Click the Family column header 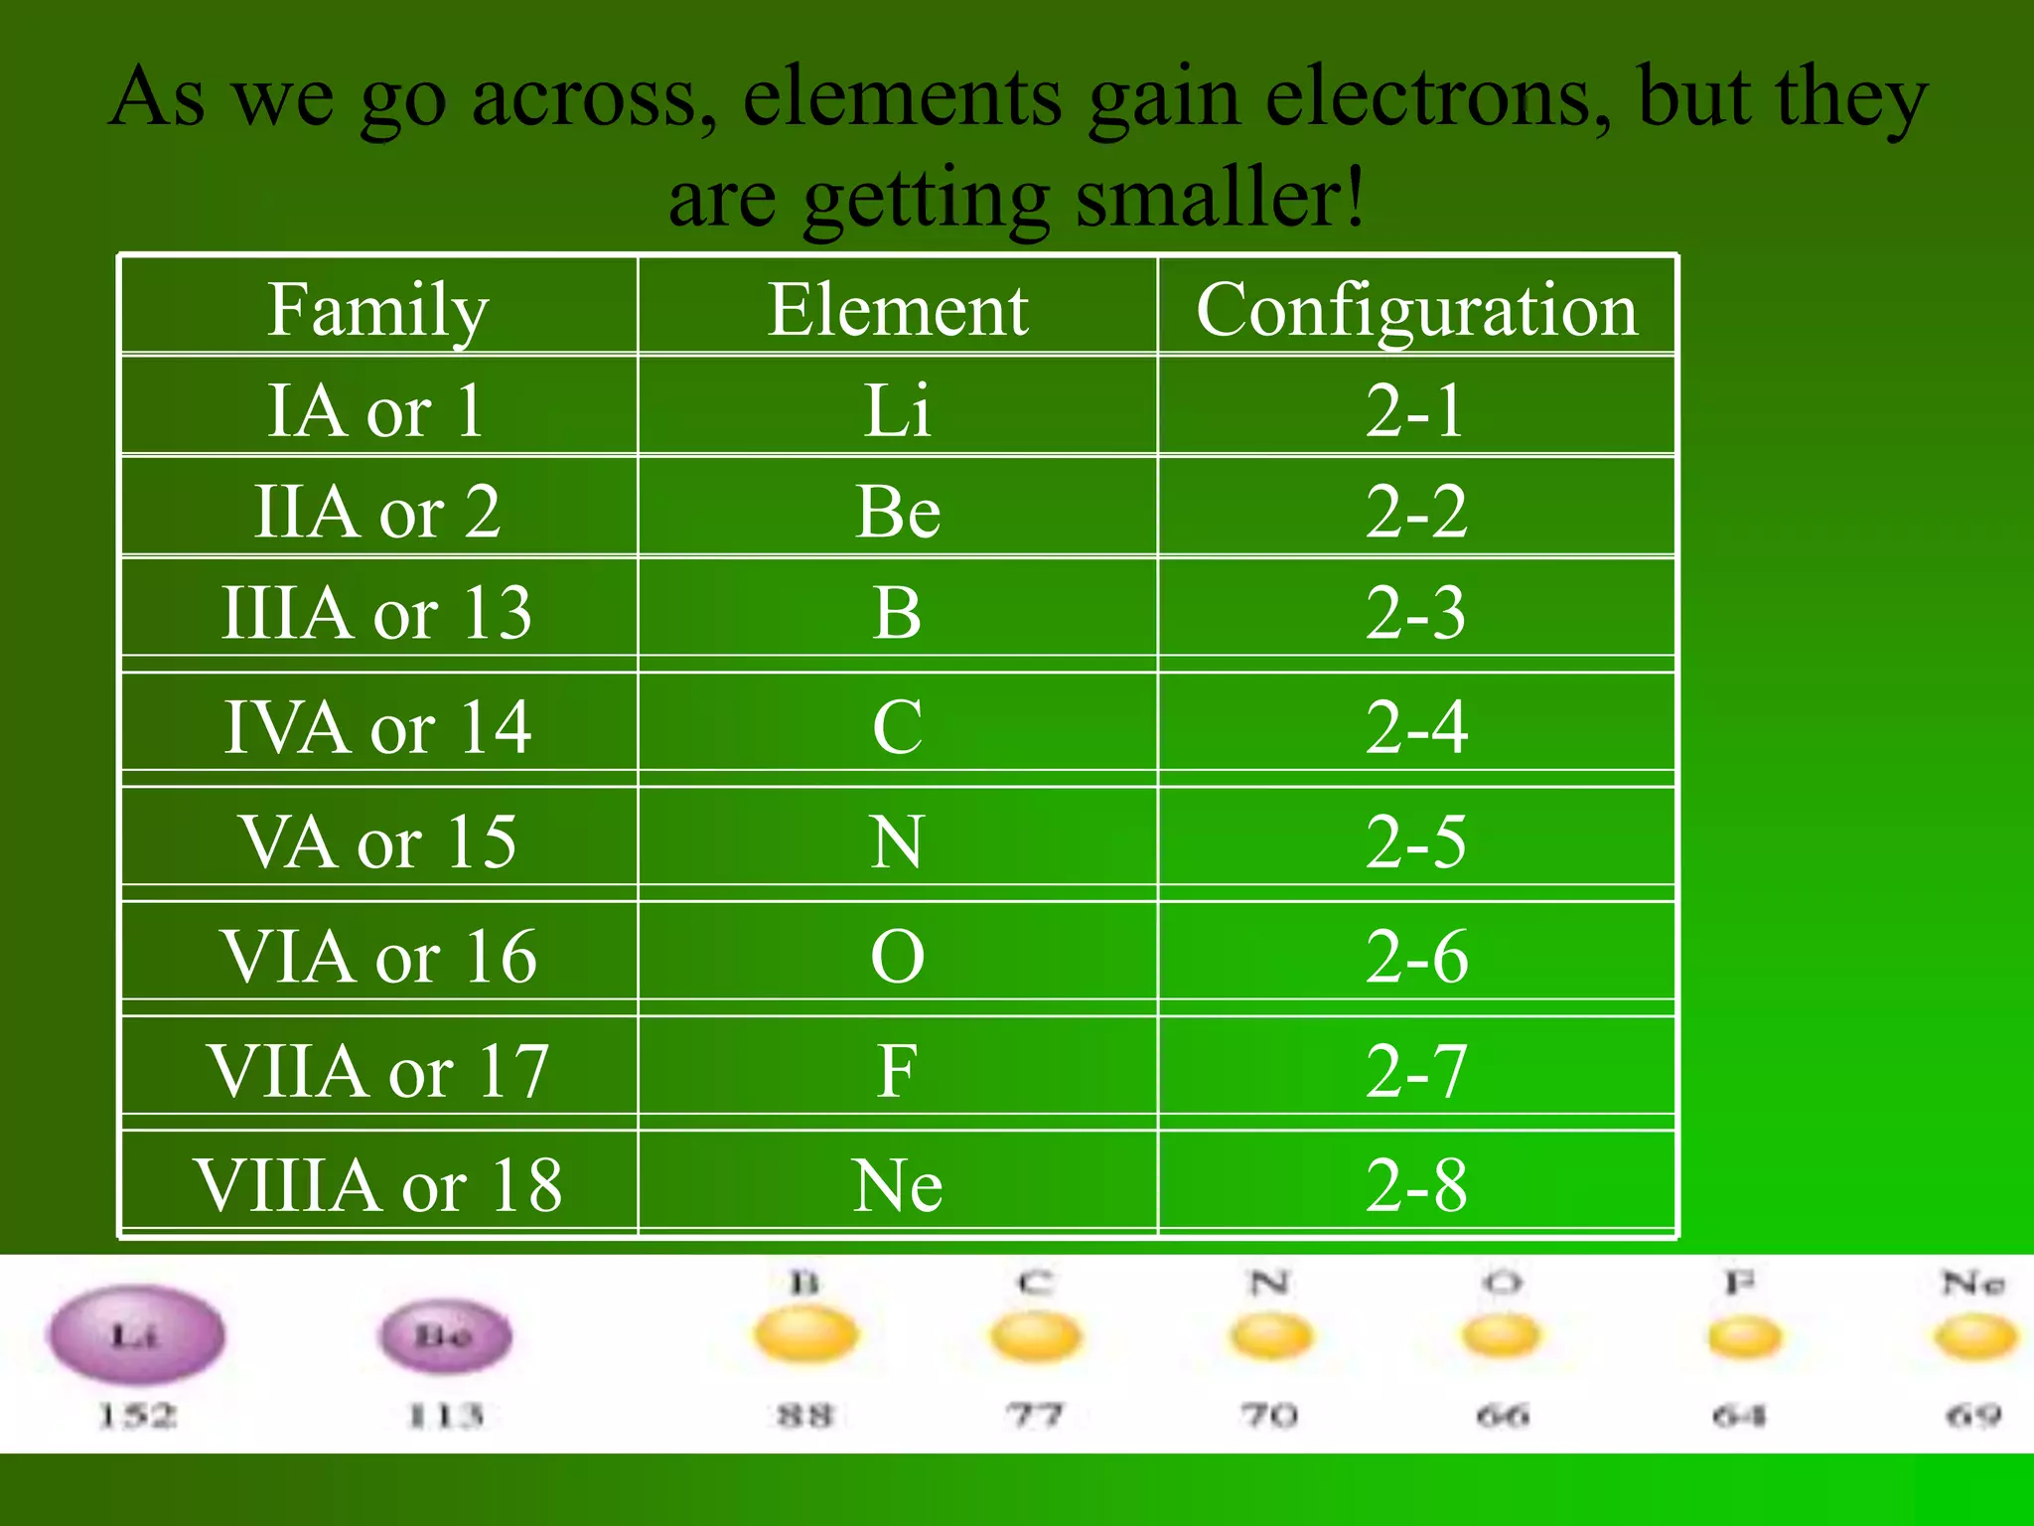[377, 309]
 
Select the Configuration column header [1416, 309]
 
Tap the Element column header [897, 309]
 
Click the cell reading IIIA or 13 [377, 612]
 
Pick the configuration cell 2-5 [1416, 841]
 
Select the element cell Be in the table [897, 512]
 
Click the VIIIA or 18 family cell [377, 1184]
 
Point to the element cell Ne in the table [897, 1184]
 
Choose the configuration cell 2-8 [1416, 1184]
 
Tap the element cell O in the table [897, 956]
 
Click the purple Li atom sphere [136, 1335]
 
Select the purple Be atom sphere [445, 1335]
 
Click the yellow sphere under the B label [805, 1335]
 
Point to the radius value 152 [137, 1415]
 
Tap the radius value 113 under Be [446, 1415]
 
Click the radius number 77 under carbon [1035, 1415]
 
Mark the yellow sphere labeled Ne [1974, 1337]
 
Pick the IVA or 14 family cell [377, 726]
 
